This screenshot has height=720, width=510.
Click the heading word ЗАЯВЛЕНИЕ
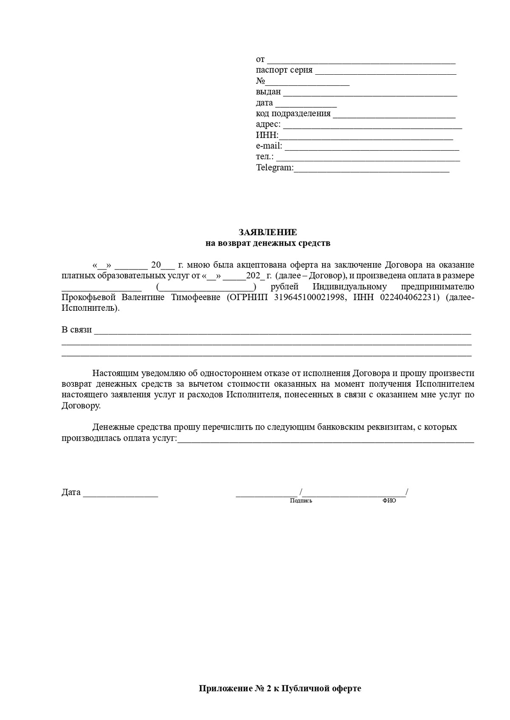click(x=268, y=232)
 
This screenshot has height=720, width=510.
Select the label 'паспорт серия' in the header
click(x=284, y=70)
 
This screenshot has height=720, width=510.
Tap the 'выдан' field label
click(x=268, y=92)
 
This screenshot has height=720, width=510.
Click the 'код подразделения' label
click(x=293, y=113)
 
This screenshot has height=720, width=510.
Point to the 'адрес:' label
click(x=268, y=124)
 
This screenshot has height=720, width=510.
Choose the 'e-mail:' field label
click(x=269, y=146)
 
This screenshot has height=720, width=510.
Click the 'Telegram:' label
click(x=275, y=168)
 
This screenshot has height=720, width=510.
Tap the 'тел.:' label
click(x=265, y=157)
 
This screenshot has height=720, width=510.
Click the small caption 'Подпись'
click(x=301, y=501)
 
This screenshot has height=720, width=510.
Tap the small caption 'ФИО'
click(x=389, y=501)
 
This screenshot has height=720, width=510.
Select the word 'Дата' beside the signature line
click(x=71, y=492)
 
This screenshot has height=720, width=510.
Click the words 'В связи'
click(x=76, y=330)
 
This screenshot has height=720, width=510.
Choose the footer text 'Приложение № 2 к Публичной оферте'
click(x=280, y=689)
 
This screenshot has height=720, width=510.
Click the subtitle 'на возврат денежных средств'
click(x=268, y=243)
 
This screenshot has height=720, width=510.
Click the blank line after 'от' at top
click(x=361, y=61)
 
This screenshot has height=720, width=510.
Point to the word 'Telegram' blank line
click(x=371, y=169)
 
